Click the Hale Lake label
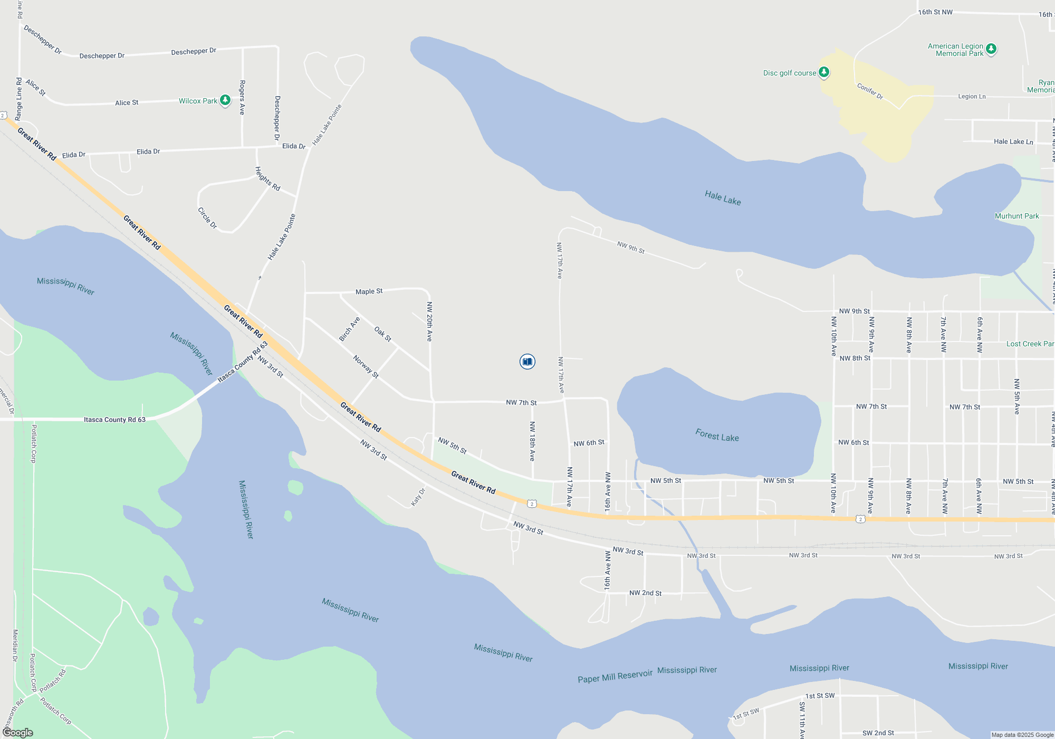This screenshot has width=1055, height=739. tap(723, 198)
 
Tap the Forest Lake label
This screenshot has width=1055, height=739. tap(717, 435)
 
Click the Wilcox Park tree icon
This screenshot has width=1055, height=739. tap(225, 100)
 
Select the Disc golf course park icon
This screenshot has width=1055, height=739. tap(824, 72)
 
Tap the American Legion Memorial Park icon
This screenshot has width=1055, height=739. tap(991, 49)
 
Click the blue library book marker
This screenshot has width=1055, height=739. tap(527, 362)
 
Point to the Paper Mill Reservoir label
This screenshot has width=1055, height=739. tap(615, 676)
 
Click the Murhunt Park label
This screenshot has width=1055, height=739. tap(1016, 216)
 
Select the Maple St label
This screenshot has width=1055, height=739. tap(369, 291)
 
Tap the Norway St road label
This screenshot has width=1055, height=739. tap(366, 366)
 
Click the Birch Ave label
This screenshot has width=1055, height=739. tap(349, 329)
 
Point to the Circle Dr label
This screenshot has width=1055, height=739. tap(207, 217)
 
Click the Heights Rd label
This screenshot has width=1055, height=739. tap(267, 179)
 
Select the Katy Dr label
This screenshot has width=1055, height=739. tap(418, 497)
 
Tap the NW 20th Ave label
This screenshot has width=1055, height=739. tap(429, 321)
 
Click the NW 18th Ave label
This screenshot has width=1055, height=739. tap(532, 441)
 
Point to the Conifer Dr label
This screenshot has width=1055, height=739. tap(870, 91)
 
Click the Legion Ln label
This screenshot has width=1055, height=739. tap(972, 97)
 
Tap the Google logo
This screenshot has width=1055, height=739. tap(18, 733)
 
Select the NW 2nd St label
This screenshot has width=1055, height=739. tap(645, 593)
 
